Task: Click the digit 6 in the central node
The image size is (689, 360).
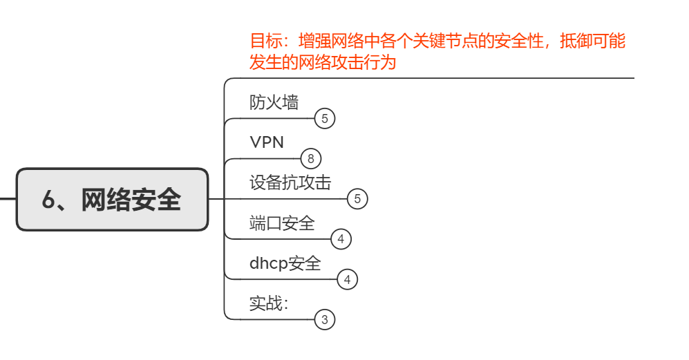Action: pos(49,200)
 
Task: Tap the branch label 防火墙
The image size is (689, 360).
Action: pos(274,103)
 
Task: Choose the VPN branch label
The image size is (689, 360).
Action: pos(267,142)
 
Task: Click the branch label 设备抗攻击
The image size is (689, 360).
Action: pos(290,182)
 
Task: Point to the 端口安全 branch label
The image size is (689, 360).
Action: pos(282,223)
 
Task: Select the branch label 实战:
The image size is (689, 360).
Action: pos(269,303)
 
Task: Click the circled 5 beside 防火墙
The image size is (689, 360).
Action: pos(325,119)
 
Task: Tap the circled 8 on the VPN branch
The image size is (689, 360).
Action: pos(311,159)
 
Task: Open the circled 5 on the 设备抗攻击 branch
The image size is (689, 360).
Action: pos(357,199)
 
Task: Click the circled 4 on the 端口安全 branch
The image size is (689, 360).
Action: pos(341,240)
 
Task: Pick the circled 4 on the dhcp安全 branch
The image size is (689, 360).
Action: pos(348,280)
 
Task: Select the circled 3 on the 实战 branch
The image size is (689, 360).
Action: pos(325,320)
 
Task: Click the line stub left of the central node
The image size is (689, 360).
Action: pos(8,199)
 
